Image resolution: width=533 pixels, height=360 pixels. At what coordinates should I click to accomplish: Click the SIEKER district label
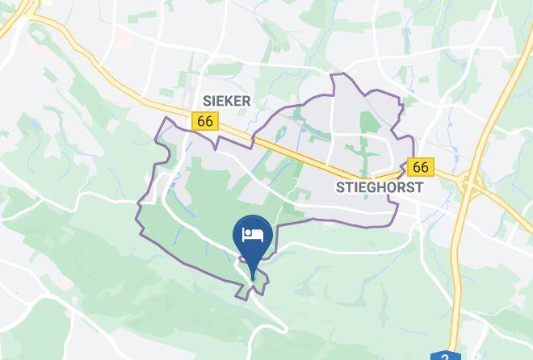[227, 101]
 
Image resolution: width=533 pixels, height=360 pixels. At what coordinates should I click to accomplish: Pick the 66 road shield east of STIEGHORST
[421, 167]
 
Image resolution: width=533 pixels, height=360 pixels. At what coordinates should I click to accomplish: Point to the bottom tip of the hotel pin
[253, 278]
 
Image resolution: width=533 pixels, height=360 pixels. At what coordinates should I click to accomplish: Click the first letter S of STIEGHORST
[339, 188]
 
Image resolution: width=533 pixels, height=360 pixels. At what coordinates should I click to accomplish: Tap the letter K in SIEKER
[230, 101]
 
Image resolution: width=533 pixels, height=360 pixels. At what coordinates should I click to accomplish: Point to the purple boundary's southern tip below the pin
[241, 299]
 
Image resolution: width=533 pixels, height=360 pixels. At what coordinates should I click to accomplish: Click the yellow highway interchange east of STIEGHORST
[467, 184]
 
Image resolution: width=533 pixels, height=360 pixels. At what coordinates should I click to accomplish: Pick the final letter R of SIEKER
[246, 101]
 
